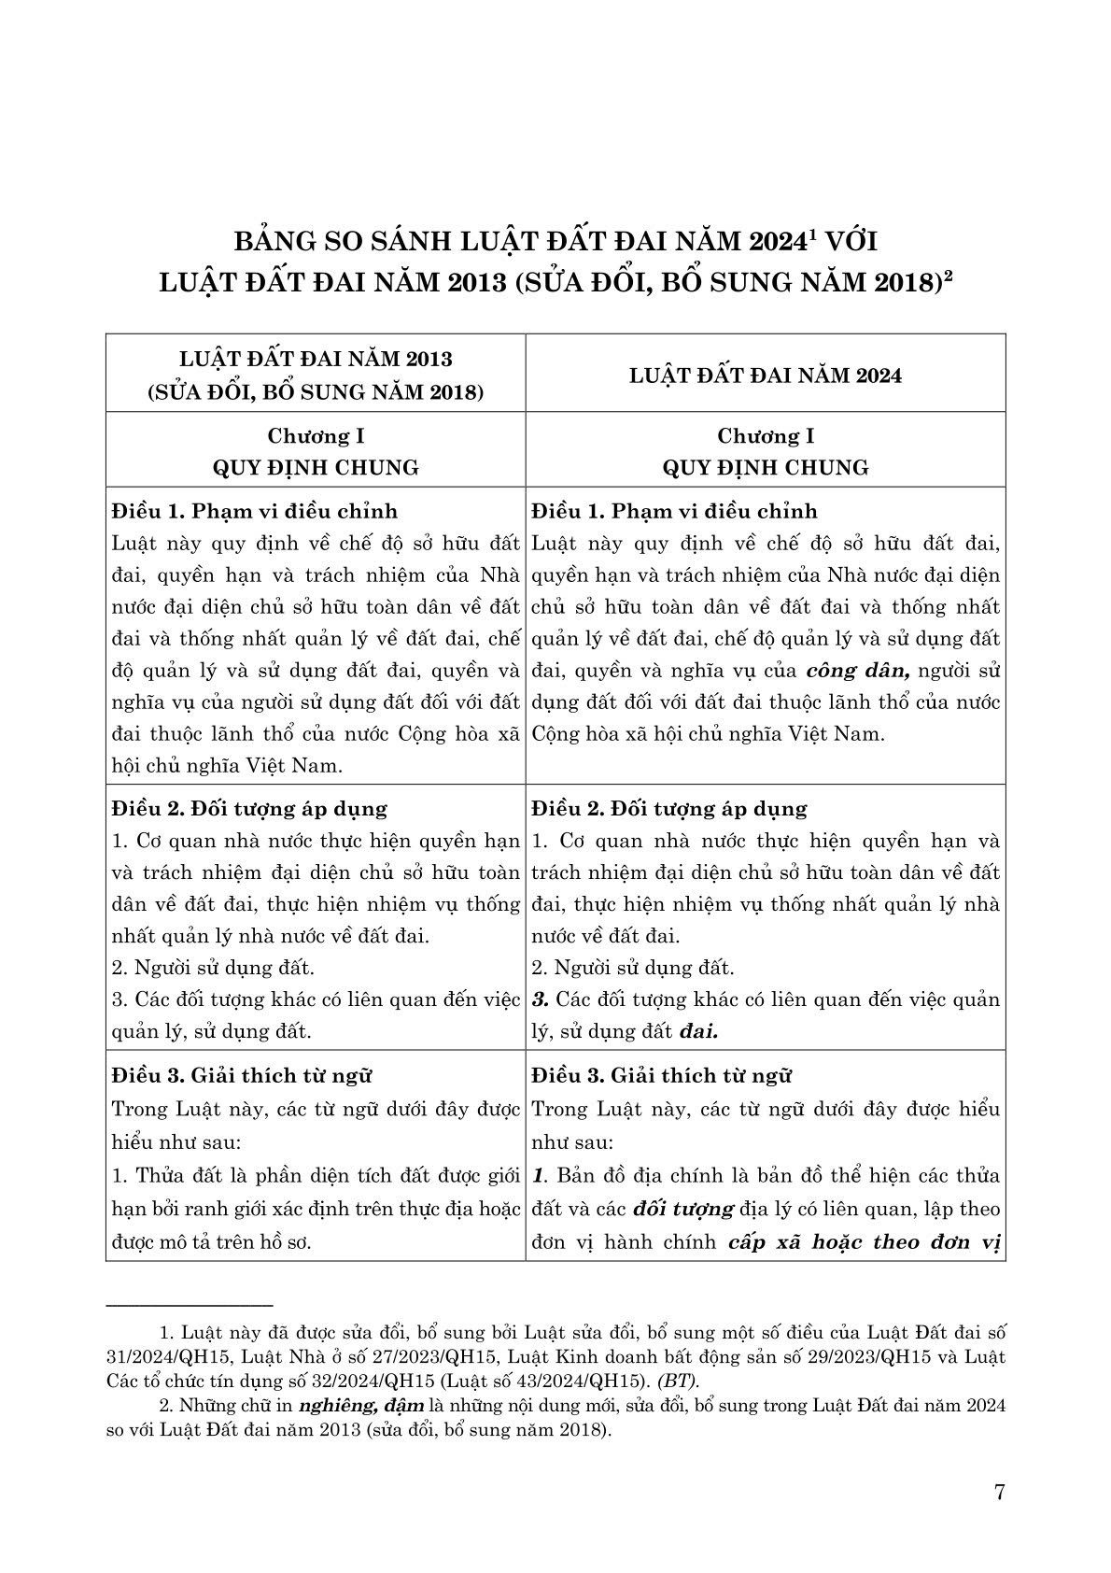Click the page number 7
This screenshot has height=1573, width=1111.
1000,1492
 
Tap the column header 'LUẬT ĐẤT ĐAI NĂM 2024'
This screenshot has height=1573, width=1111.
766,376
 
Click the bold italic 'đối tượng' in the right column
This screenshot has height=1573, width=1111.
682,1209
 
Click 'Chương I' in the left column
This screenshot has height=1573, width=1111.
316,436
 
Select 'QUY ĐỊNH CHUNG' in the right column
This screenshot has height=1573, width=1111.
766,467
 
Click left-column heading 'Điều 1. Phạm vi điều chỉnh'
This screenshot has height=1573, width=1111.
254,512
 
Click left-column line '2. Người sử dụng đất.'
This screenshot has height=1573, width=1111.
213,968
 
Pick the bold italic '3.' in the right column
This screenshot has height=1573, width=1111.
540,999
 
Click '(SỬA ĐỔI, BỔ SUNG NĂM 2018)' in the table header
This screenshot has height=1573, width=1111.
316,392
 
